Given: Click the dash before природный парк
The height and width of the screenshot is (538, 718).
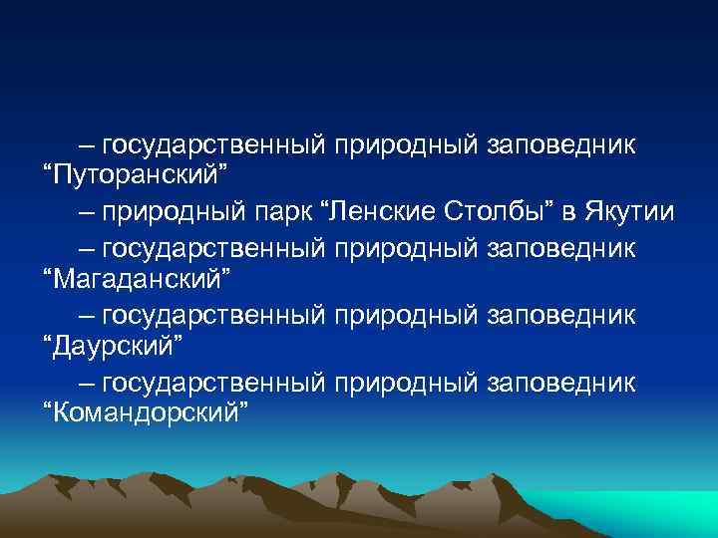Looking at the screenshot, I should tap(87, 211).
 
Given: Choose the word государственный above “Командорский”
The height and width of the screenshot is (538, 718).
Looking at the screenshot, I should tap(213, 382).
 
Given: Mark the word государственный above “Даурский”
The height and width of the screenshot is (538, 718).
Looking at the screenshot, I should tap(213, 315).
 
